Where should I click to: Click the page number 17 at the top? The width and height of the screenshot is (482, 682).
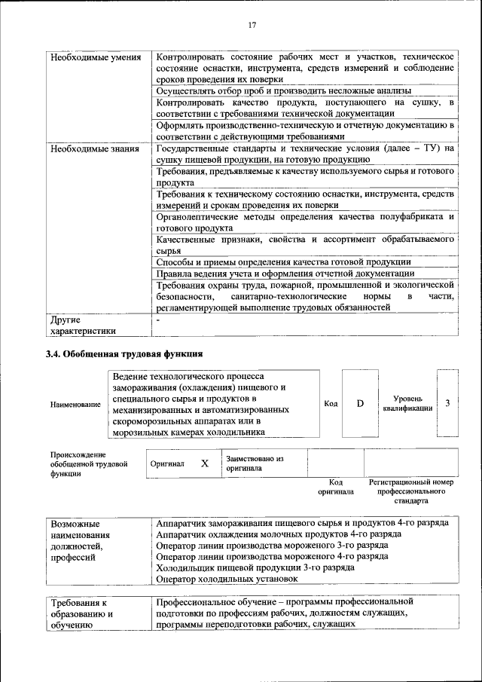(x=252, y=25)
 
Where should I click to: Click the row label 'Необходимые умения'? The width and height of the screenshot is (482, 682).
(x=95, y=58)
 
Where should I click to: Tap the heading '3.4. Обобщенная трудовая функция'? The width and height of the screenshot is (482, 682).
(x=124, y=353)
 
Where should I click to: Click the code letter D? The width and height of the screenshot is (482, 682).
(x=360, y=403)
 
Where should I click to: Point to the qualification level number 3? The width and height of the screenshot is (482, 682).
(x=447, y=403)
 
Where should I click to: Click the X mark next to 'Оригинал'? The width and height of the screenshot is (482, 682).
(x=204, y=463)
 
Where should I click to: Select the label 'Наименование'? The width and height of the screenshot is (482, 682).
(x=75, y=405)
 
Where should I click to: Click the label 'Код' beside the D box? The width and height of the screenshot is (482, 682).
(x=331, y=403)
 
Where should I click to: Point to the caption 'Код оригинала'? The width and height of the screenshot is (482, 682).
(x=336, y=486)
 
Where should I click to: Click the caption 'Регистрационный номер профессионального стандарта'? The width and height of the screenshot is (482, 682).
(x=410, y=491)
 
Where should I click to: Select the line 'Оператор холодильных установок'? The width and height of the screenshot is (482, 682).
(x=226, y=579)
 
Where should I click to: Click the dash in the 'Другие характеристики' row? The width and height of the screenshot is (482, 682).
(x=157, y=320)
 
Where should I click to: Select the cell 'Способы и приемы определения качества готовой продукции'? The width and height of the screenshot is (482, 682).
(x=278, y=261)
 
